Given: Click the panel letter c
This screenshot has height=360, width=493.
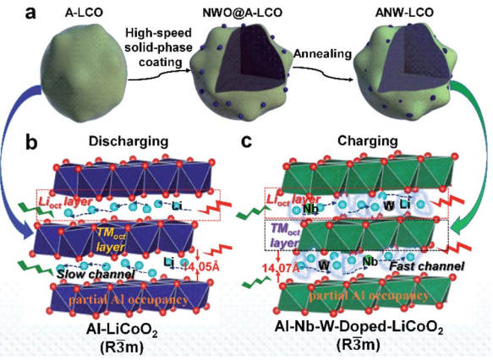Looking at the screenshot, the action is click(x=246, y=142).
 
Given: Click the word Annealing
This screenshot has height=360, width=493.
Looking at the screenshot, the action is click(x=322, y=54).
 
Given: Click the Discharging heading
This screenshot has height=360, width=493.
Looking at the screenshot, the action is click(x=129, y=141).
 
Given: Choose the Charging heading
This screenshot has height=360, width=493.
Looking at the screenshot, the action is click(x=368, y=141).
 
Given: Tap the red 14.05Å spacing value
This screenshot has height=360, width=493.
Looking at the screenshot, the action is click(x=201, y=267).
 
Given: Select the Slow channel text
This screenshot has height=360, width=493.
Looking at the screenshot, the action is click(x=96, y=274).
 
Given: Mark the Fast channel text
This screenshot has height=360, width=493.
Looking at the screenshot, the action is click(x=427, y=266).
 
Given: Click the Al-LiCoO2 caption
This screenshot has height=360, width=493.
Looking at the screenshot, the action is click(x=122, y=332).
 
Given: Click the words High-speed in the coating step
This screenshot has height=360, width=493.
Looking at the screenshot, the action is click(x=158, y=33).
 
